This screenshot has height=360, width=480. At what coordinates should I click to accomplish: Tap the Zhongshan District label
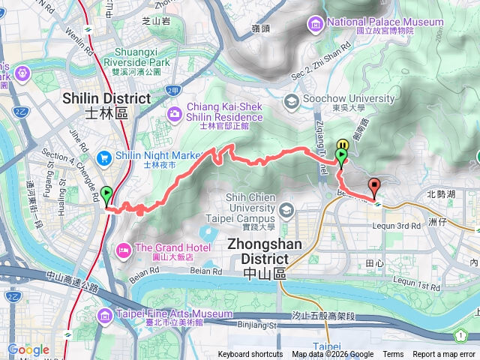tap(265, 267)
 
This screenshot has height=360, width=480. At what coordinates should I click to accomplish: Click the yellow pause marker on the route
tap(343, 145)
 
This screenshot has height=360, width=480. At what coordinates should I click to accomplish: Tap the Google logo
tap(28, 349)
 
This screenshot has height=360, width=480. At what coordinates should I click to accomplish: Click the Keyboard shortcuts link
tap(250, 355)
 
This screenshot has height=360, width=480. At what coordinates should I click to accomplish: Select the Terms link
tap(393, 355)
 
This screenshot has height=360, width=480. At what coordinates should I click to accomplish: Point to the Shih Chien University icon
tap(286, 208)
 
